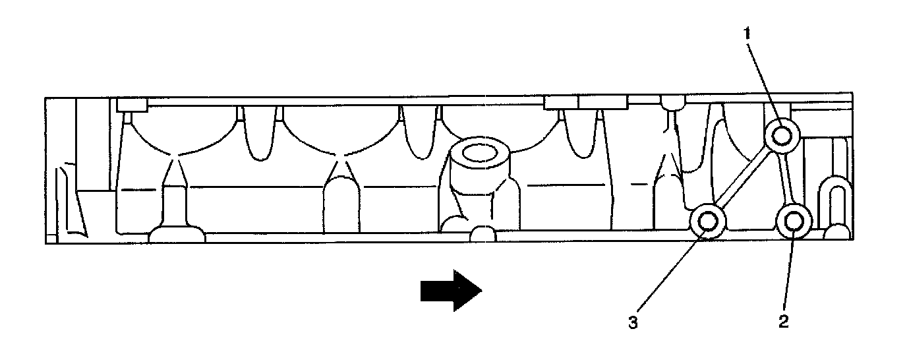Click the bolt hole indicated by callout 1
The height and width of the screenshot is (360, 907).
pyautogui.click(x=782, y=136)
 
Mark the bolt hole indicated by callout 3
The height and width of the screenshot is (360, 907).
pyautogui.click(x=708, y=222)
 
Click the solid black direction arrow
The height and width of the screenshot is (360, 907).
pyautogui.click(x=452, y=290)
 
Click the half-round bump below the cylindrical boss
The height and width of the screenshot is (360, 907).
pyautogui.click(x=483, y=234)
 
